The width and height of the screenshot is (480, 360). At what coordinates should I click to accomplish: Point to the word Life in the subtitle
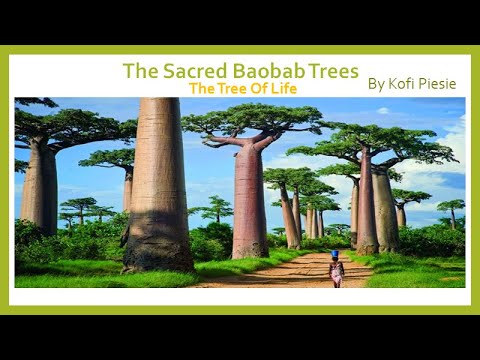(283, 88)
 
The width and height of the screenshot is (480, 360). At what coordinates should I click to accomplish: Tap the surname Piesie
(438, 84)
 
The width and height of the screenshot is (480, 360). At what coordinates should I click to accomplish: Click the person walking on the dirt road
(337, 269)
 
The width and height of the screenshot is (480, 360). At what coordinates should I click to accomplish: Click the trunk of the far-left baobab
(39, 190)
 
